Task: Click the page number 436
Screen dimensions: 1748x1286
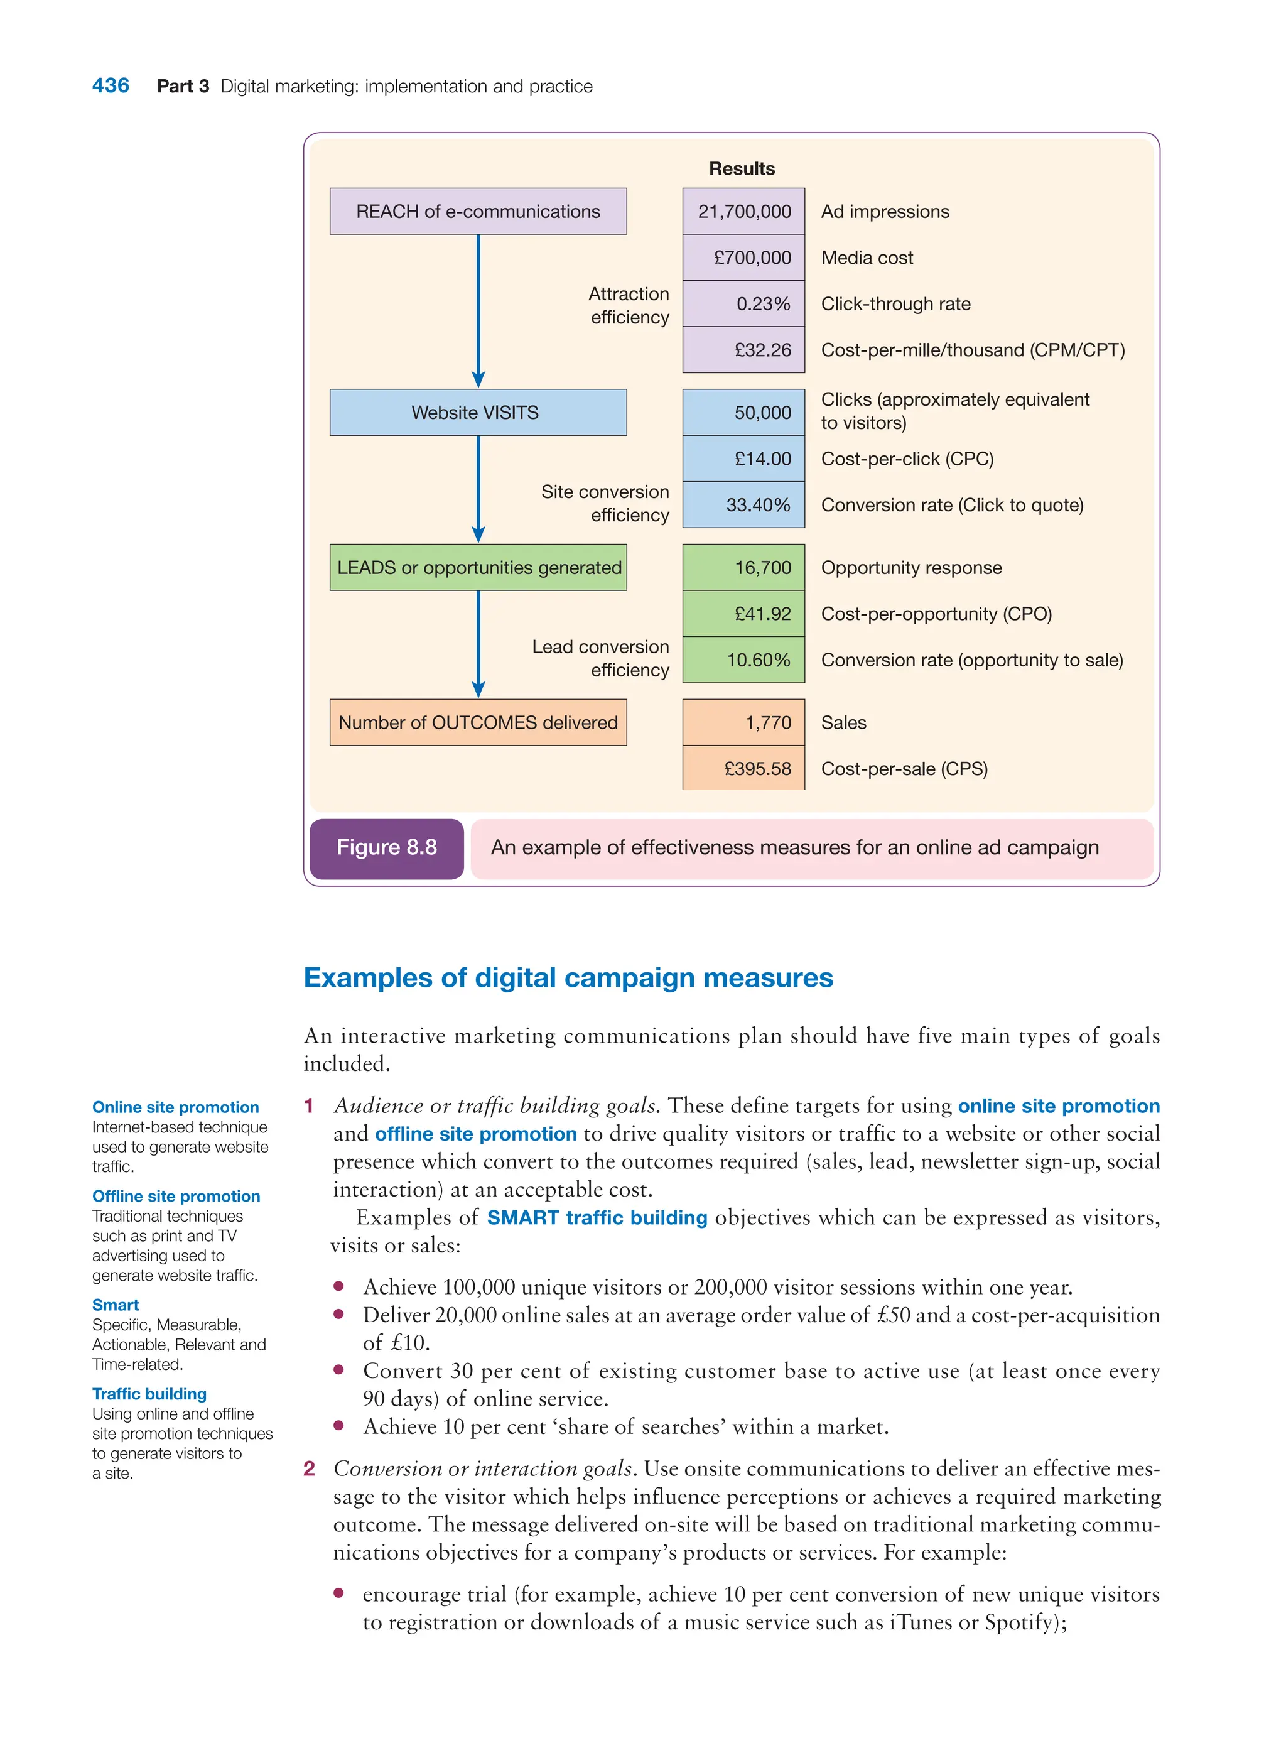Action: tap(111, 85)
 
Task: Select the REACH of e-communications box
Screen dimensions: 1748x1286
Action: tap(477, 211)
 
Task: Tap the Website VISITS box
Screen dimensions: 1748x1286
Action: tap(477, 412)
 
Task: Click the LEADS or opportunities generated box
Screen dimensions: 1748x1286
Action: tap(477, 568)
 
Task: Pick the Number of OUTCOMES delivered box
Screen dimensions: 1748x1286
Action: tap(477, 722)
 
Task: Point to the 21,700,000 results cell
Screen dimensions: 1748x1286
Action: tap(743, 211)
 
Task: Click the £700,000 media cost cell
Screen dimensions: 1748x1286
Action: tap(743, 258)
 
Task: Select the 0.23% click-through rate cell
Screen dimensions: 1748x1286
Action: tap(743, 303)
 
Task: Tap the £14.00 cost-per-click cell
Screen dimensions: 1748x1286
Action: tap(743, 459)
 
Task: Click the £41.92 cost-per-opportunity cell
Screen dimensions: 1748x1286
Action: tap(743, 614)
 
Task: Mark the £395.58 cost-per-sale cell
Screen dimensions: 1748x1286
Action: tap(743, 769)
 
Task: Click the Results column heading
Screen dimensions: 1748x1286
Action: tap(741, 169)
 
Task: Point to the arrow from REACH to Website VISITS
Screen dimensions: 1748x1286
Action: tap(478, 312)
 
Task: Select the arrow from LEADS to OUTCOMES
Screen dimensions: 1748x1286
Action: tap(478, 644)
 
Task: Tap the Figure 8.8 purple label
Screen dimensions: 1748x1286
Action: tap(386, 847)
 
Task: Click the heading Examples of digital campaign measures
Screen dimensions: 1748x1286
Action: tap(568, 978)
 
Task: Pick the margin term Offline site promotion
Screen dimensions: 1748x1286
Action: tap(176, 1196)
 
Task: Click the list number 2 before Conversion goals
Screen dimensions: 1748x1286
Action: tap(309, 1468)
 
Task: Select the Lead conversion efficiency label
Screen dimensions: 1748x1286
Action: tap(600, 659)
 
